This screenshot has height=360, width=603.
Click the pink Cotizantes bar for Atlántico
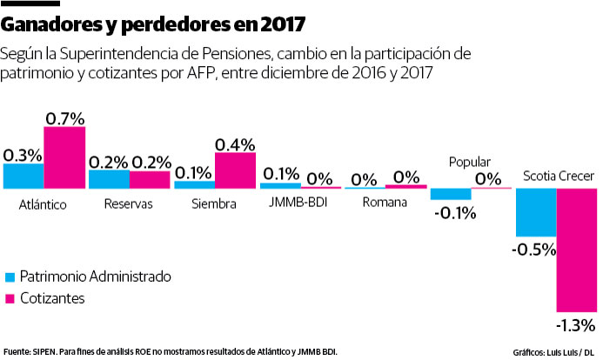coord(64,157)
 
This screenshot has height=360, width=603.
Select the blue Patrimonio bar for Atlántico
coord(23,176)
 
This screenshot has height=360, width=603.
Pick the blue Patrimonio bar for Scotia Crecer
coord(535,212)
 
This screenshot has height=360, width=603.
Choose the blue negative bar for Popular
coord(450,194)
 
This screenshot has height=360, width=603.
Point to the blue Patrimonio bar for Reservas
coord(109,179)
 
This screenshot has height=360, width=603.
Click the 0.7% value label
coord(64,116)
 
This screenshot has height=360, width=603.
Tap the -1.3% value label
coord(577,324)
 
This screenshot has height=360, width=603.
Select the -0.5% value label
coord(534,250)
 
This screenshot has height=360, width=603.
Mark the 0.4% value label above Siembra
coord(235,143)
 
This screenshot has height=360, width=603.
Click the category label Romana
coord(385,203)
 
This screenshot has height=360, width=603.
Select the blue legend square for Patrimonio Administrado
coord(10,277)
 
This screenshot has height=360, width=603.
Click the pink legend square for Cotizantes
coord(10,298)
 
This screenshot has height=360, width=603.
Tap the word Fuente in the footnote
coord(17,350)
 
